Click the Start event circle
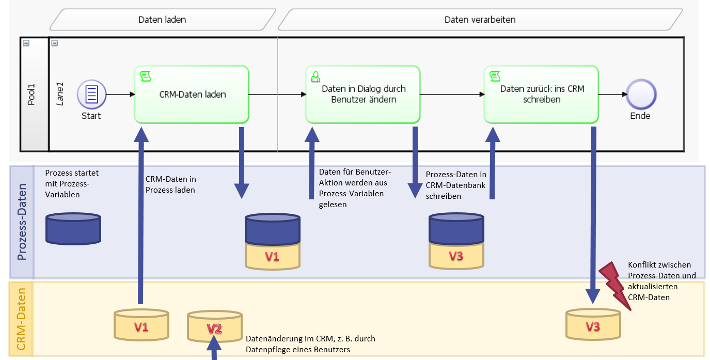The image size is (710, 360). pos(91,95)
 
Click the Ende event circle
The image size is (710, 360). pos(640,95)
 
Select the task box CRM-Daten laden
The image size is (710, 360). pos(192,94)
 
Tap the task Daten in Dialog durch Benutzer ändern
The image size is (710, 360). pos(362,94)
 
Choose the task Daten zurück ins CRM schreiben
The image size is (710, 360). pos(541,94)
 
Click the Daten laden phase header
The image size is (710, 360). pos(162,20)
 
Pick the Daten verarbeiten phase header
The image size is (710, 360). pos(480,20)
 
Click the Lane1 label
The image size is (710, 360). pos(60,93)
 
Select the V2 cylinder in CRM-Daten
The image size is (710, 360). pos(215,327)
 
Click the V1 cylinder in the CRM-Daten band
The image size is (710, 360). pos(141,325)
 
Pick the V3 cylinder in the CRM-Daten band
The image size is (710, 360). pos(593,325)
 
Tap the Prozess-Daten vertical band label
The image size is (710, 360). pos(22,223)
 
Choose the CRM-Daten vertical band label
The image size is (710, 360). pos(22,319)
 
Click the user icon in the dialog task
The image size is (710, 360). pos(314,77)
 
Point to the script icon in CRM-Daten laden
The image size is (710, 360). pos(145,76)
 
